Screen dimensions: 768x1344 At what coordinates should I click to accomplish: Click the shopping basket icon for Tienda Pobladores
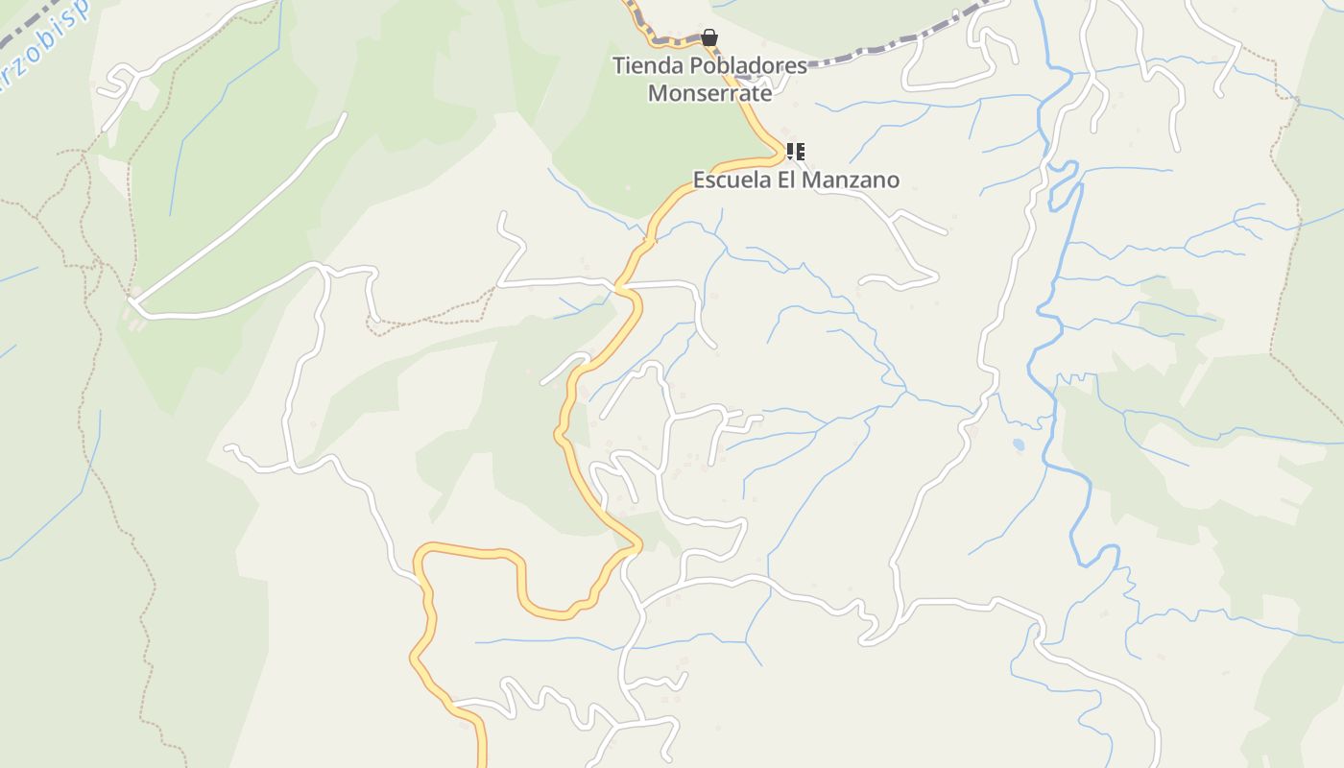(x=708, y=38)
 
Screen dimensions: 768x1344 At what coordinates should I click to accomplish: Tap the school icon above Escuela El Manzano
(x=795, y=152)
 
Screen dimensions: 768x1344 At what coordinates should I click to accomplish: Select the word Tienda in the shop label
(x=643, y=67)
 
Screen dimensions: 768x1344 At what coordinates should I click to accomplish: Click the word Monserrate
(x=709, y=93)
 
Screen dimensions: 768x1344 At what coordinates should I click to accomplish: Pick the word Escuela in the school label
(x=732, y=180)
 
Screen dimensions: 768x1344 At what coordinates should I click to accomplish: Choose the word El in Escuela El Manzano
(x=787, y=180)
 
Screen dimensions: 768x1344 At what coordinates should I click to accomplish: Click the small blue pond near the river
(x=1017, y=444)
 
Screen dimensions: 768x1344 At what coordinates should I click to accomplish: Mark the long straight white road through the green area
(x=240, y=211)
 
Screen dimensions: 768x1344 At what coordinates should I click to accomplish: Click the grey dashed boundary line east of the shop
(x=893, y=43)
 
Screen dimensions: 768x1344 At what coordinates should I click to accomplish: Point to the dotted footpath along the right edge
(x=1282, y=240)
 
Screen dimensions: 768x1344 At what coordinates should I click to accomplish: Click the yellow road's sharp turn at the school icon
(x=780, y=154)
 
